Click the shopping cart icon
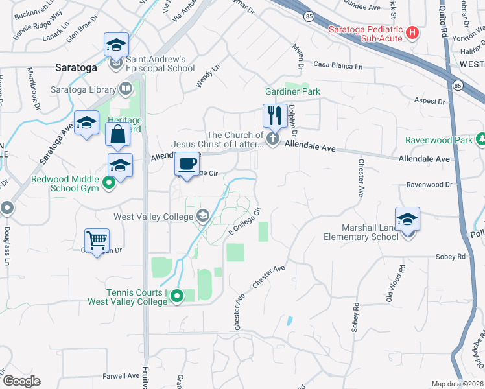[x=97, y=241]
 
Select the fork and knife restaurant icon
[x=274, y=116]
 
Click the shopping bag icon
[x=118, y=135]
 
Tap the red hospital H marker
[x=412, y=33]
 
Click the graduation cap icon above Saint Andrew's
[x=116, y=45]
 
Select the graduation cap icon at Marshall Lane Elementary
[x=408, y=219]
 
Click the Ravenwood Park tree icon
[x=480, y=139]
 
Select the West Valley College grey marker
[x=203, y=217]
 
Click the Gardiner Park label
[x=292, y=92]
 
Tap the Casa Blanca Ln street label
[x=337, y=66]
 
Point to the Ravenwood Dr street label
[x=429, y=185]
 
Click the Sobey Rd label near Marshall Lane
[x=453, y=257]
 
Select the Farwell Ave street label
[x=121, y=375]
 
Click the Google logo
[x=21, y=381]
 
